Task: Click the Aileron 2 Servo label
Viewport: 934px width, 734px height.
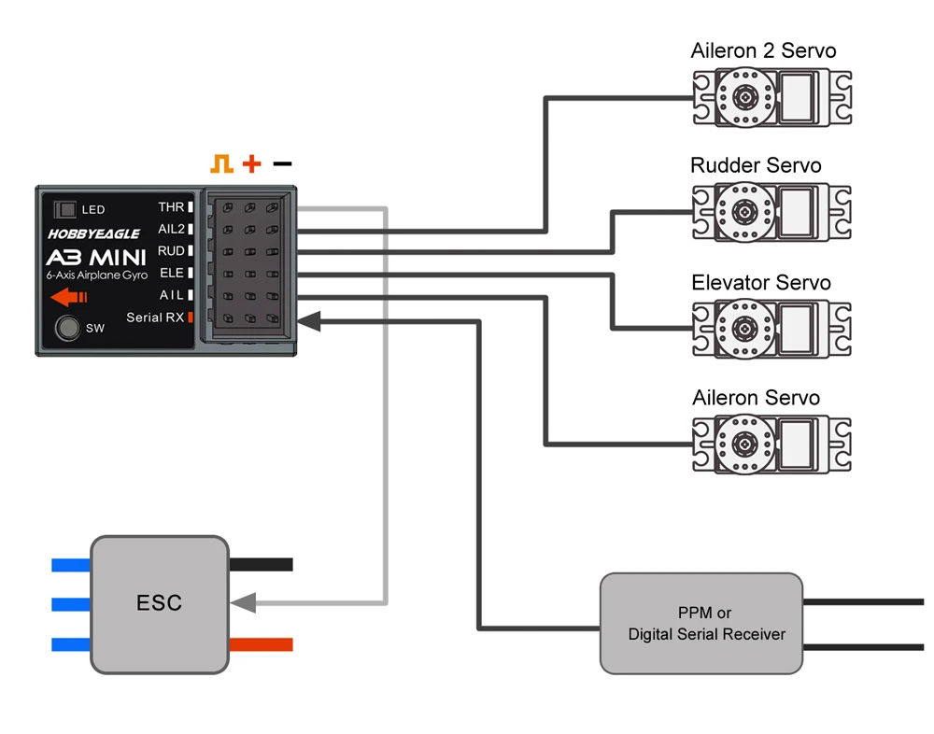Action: click(x=763, y=50)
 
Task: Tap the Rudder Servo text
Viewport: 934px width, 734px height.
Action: click(x=756, y=166)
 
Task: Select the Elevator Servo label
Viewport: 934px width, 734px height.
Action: click(x=761, y=282)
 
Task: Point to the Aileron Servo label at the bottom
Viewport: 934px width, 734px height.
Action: click(x=756, y=398)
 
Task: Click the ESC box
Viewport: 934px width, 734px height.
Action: click(x=159, y=603)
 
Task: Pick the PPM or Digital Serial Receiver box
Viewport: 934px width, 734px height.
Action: click(x=700, y=623)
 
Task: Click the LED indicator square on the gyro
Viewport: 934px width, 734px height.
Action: click(x=65, y=209)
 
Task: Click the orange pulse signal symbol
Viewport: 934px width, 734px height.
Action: click(x=221, y=164)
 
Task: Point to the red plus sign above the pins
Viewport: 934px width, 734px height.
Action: click(x=251, y=164)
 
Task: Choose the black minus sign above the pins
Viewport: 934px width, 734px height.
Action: click(x=282, y=164)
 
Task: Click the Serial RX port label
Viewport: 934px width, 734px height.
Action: click(x=155, y=318)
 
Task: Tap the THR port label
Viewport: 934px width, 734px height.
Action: click(x=172, y=206)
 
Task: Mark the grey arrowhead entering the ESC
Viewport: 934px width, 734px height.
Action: click(x=243, y=603)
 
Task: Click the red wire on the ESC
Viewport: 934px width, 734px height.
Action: click(x=261, y=644)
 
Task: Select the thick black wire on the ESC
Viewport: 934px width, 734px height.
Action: click(x=261, y=564)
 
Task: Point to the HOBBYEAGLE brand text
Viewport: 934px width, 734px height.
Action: click(x=93, y=234)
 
